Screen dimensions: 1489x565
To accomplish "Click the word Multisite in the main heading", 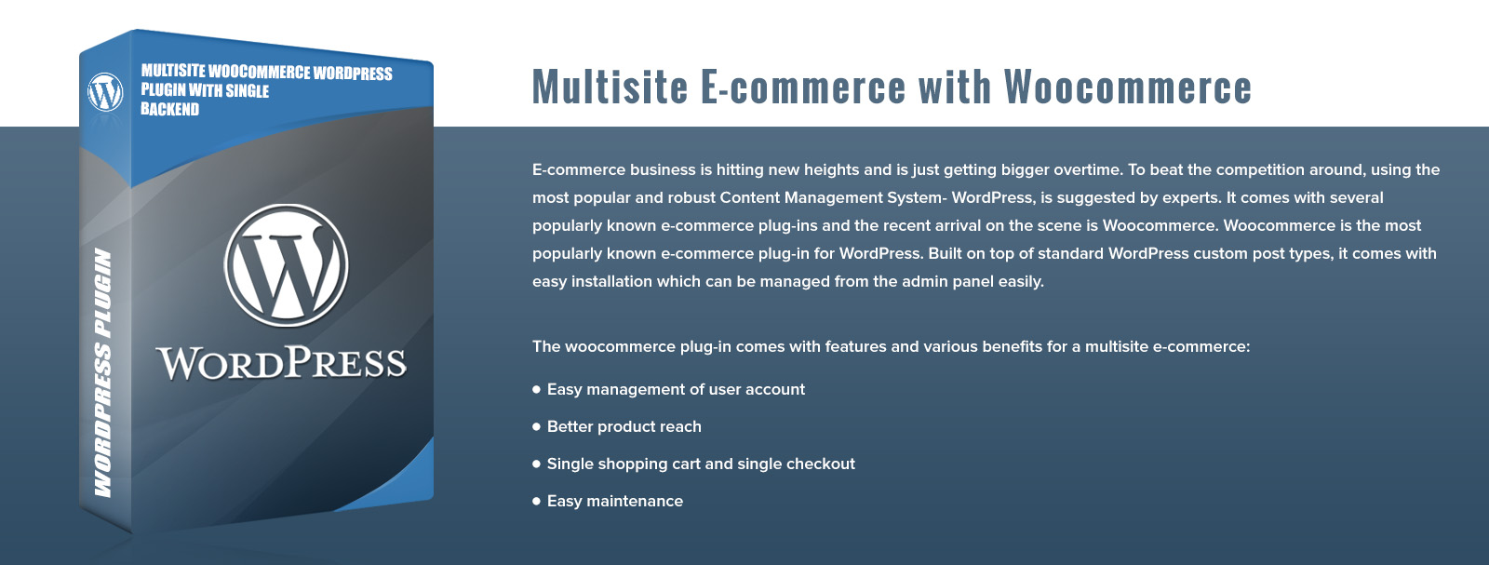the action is [610, 87].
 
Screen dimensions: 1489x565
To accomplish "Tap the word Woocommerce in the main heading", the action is [1128, 87].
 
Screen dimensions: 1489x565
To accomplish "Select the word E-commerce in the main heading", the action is [803, 87].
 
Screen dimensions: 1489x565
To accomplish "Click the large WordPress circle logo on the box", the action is [286, 265].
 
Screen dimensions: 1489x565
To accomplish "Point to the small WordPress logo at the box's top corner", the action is [105, 91].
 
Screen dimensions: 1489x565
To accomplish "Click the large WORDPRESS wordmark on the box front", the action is [281, 363].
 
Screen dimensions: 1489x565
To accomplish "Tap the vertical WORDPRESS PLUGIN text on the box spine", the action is [102, 372].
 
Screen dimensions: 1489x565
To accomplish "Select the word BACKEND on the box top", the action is [169, 109].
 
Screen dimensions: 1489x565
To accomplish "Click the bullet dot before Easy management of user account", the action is [536, 389].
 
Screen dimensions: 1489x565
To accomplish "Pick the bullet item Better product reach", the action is [624, 426].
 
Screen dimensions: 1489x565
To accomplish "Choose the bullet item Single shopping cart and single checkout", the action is [701, 464].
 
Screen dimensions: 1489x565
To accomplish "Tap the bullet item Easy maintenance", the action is [615, 501].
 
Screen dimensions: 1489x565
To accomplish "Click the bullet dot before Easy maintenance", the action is [536, 501].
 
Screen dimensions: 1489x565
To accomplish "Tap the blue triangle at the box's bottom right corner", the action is [399, 482].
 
